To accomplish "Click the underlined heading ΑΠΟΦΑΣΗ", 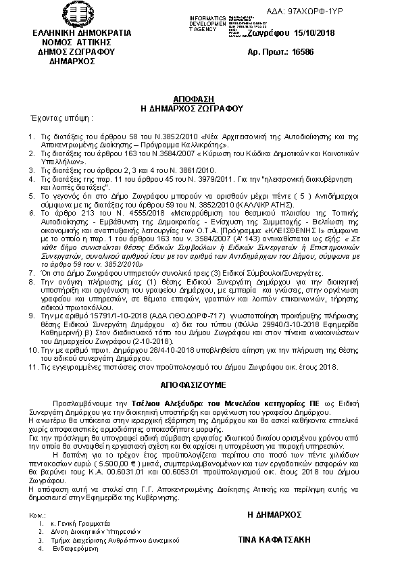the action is [x=201, y=98].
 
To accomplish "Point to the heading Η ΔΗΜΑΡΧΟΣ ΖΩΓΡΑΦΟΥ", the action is [x=201, y=107].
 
